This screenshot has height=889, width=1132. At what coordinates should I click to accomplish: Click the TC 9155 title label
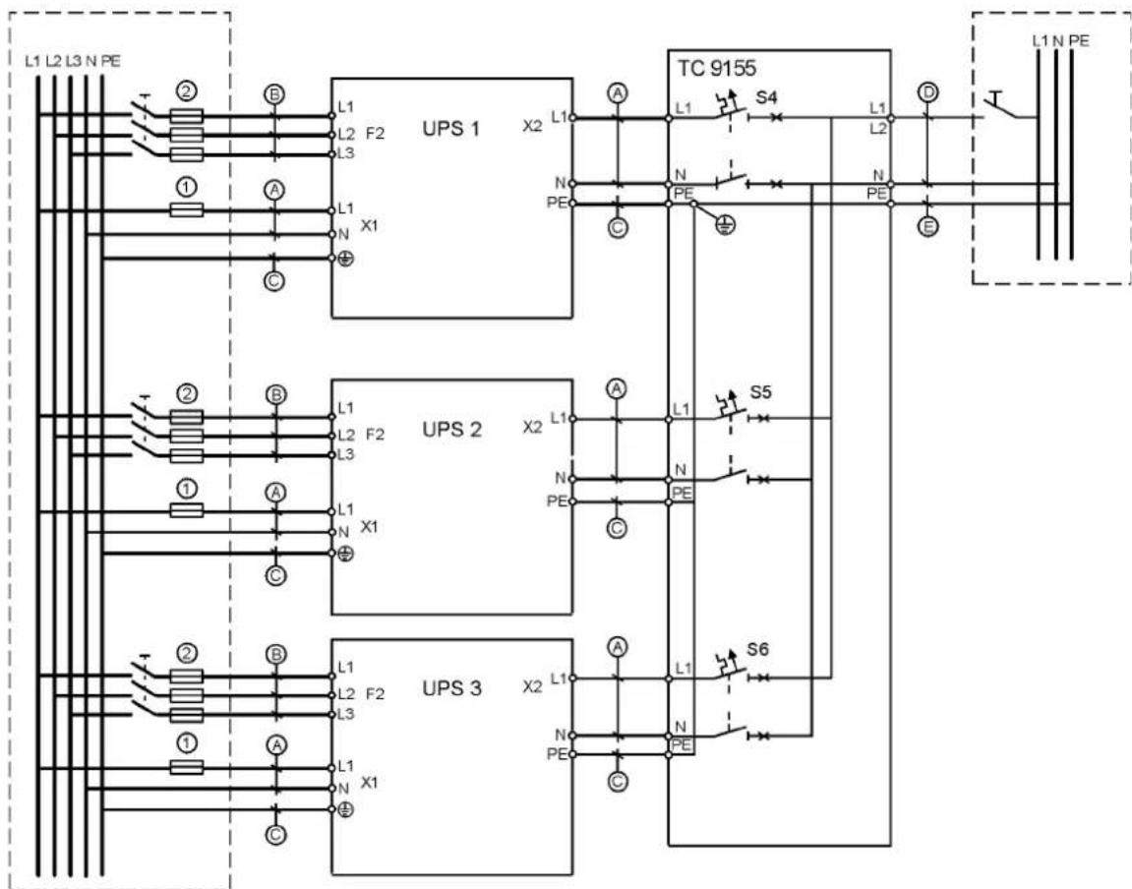717,68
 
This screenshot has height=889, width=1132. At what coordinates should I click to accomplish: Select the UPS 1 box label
451,129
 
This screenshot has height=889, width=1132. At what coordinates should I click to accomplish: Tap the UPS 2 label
452,430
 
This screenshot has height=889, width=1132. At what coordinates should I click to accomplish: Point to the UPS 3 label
452,687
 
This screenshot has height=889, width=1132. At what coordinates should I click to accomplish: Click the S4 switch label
767,96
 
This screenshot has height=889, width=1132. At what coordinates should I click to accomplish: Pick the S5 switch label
761,391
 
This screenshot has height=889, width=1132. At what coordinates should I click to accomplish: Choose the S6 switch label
758,649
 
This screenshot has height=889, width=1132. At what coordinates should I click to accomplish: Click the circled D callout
928,92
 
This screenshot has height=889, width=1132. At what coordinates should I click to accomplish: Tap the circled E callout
928,226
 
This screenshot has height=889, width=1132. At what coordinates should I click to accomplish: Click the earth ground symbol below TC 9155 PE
726,226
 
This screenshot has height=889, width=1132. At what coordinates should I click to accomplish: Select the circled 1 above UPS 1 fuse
186,188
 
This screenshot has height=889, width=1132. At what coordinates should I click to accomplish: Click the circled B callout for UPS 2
275,394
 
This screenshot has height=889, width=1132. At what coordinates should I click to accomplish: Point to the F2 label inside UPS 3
376,694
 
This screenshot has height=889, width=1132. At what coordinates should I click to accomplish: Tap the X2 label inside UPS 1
532,126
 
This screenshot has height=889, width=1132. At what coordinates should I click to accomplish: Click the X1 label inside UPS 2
369,527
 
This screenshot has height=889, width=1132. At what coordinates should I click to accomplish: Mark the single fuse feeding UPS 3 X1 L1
186,768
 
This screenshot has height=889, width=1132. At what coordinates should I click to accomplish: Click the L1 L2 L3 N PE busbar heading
73,61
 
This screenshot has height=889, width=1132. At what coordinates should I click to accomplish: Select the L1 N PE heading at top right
1060,41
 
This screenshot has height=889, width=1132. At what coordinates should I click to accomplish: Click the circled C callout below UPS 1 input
273,280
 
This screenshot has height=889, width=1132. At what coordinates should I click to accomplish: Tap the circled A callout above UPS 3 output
617,647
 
